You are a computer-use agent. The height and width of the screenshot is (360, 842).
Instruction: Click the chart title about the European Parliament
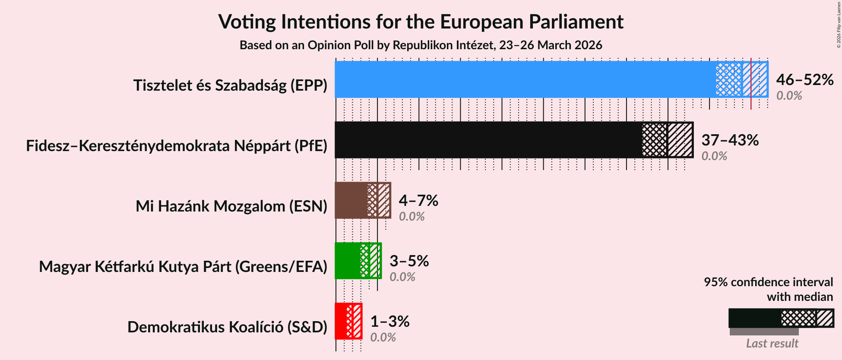coord(421,22)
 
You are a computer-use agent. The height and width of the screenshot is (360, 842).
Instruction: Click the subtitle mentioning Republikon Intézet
coord(421,45)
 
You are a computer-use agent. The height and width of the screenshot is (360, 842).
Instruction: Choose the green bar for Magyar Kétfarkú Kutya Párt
coord(347,261)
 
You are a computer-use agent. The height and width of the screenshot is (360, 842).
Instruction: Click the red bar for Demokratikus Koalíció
coord(341,321)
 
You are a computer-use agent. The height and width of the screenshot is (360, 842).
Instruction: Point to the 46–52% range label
coord(804,79)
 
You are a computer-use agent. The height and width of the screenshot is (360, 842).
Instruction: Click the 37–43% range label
coord(730,140)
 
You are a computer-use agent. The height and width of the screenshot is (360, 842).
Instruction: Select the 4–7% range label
coord(418,200)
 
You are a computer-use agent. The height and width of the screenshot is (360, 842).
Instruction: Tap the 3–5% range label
coord(409,261)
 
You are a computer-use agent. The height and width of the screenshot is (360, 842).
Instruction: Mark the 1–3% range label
coord(389,321)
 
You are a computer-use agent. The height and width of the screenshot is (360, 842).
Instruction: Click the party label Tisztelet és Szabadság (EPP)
coord(230,85)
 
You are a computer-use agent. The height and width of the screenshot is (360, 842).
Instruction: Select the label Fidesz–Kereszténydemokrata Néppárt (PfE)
coord(177,146)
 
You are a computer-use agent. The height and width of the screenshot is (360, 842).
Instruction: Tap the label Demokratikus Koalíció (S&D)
coord(227,327)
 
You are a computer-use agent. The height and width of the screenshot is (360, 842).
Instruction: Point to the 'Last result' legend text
coord(772,343)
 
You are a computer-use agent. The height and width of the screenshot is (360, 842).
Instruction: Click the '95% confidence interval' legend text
coord(768,282)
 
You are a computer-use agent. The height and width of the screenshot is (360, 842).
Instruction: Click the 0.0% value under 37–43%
coord(714,156)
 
